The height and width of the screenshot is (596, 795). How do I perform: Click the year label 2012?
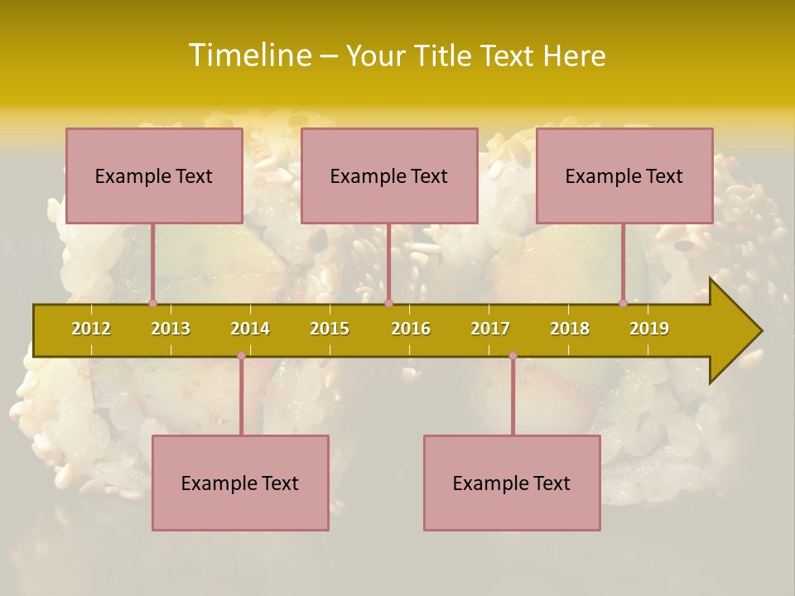pos(91,329)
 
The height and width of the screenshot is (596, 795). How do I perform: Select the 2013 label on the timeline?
pos(171,329)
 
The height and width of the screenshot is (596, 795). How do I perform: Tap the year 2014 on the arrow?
pos(250,329)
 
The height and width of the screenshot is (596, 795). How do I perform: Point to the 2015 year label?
pos(330,329)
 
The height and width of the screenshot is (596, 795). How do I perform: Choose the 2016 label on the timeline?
pos(411,329)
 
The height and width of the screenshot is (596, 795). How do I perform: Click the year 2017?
pos(490,329)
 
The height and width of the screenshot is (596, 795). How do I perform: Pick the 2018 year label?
pos(570,329)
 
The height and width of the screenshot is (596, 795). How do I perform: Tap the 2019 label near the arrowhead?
pos(649,329)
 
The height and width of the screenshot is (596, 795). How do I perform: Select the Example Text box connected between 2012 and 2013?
pos(154,175)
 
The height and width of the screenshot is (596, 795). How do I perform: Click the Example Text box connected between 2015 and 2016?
pos(389,175)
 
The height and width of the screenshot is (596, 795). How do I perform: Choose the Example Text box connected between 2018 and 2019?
pos(624,175)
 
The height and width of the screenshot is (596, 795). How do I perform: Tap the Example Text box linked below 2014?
pos(240,483)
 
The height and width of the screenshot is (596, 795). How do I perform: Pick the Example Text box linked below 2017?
pos(512,483)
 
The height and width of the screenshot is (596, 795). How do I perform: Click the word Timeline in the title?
pos(249,55)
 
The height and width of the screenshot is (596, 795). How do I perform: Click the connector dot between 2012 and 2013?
pos(153,304)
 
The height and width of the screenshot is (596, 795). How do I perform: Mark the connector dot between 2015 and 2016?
pos(388,304)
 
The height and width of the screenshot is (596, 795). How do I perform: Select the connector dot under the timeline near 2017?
pos(513,356)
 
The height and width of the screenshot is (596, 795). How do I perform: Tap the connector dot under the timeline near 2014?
pos(241,356)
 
